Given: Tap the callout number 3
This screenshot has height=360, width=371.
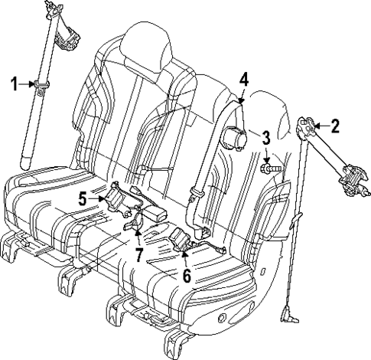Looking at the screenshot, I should (265, 138).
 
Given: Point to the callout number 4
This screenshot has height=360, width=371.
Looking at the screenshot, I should (243, 79).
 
